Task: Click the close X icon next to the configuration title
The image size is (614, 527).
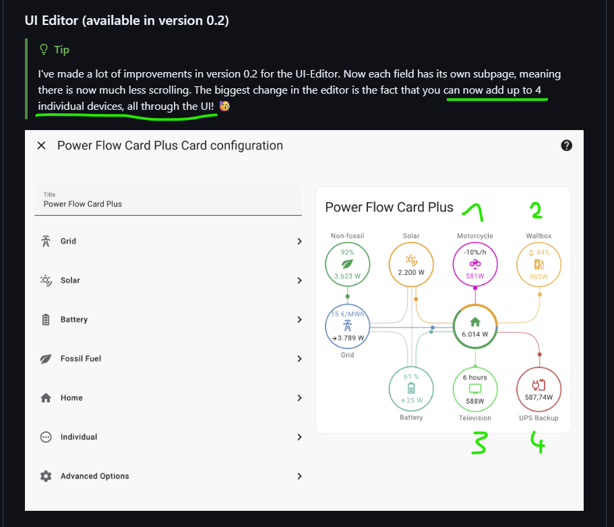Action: (x=41, y=146)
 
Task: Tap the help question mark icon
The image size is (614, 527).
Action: (x=566, y=146)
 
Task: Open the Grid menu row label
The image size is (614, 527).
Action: (x=68, y=241)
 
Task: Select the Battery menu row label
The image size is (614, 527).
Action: (x=74, y=319)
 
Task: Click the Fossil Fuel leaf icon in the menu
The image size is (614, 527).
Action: (x=46, y=359)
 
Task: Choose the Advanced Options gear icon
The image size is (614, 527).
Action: (x=46, y=476)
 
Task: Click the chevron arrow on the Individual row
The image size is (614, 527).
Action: (x=299, y=437)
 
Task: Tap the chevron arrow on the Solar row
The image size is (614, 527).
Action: (x=299, y=280)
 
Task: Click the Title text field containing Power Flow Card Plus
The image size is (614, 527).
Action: (x=168, y=199)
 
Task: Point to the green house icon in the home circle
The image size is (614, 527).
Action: (x=475, y=322)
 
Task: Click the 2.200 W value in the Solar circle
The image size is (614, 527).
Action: (x=411, y=272)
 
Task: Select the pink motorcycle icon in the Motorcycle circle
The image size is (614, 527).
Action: (x=475, y=264)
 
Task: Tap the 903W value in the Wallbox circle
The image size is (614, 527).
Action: (x=539, y=277)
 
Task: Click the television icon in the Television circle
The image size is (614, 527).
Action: (x=475, y=389)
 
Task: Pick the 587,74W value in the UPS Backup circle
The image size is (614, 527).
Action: (x=539, y=398)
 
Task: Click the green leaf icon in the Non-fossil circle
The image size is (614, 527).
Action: (x=347, y=264)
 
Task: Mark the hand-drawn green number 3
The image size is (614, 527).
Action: (x=479, y=443)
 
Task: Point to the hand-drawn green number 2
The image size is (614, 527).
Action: (x=536, y=210)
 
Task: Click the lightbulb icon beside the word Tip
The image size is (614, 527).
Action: (x=44, y=50)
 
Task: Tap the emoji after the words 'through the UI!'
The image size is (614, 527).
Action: (x=224, y=106)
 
